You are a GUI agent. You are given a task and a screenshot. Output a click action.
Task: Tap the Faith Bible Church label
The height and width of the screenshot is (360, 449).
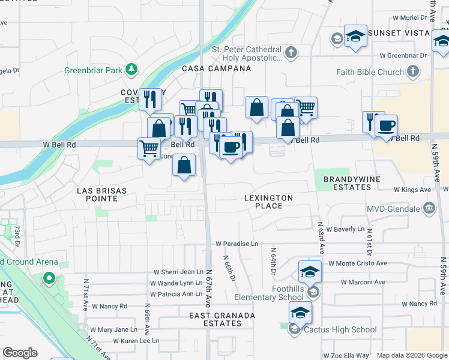(x=373, y=72)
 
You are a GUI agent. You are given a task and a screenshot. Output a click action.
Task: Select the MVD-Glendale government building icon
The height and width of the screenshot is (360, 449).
(x=429, y=209)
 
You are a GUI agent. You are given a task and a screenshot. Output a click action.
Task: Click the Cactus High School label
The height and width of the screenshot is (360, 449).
(x=340, y=329)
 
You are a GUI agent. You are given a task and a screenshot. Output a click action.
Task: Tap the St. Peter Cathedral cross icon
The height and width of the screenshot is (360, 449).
(x=291, y=53)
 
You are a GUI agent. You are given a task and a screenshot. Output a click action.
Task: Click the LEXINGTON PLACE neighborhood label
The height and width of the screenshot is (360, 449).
(x=269, y=202)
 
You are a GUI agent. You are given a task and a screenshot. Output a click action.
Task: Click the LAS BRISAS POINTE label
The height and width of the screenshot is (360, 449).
(x=102, y=191)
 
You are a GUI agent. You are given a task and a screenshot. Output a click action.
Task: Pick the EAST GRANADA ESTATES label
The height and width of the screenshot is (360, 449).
(x=222, y=319)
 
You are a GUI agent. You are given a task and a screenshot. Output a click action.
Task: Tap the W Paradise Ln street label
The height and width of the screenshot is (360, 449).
(x=237, y=244)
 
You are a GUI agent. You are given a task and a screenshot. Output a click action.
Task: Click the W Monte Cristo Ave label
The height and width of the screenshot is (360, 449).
(x=357, y=263)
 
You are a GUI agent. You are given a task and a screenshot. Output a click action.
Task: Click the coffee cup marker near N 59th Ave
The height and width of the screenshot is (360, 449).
(x=386, y=126)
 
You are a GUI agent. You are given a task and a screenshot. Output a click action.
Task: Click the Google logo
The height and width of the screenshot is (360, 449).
(x=20, y=353)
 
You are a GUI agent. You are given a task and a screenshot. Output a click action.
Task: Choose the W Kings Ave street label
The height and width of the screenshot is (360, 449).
(x=412, y=190)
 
